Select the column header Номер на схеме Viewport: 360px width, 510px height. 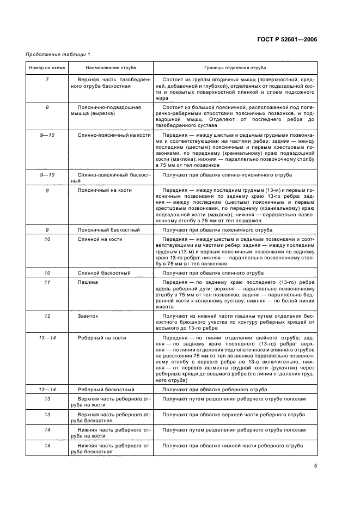pyautogui.click(x=47, y=68)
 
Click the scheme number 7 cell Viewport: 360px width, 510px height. pyautogui.click(x=47, y=80)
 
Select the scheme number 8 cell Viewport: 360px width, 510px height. pyautogui.click(x=47, y=107)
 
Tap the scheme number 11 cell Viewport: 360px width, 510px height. pyautogui.click(x=47, y=282)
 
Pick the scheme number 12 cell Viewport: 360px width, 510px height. pyautogui.click(x=47, y=315)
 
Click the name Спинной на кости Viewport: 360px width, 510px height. pyautogui.click(x=100, y=239)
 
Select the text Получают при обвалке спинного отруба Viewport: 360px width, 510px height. pyautogui.click(x=214, y=272)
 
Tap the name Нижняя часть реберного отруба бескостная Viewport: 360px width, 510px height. pyautogui.click(x=109, y=448)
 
